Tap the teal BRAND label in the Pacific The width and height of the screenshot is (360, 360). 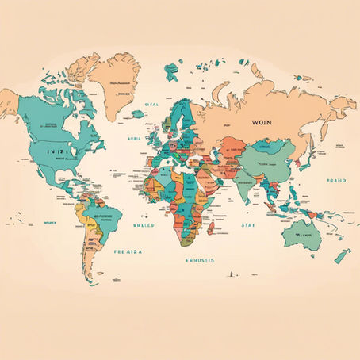pyautogui.click(x=335, y=180)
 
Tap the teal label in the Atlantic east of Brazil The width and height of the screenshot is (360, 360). pyautogui.click(x=143, y=224)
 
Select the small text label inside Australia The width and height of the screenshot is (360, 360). pyautogui.click(x=304, y=235)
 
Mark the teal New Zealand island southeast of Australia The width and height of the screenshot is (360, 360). pyautogui.click(x=342, y=256)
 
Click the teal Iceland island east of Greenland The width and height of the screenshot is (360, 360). pyautogui.click(x=139, y=114)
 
